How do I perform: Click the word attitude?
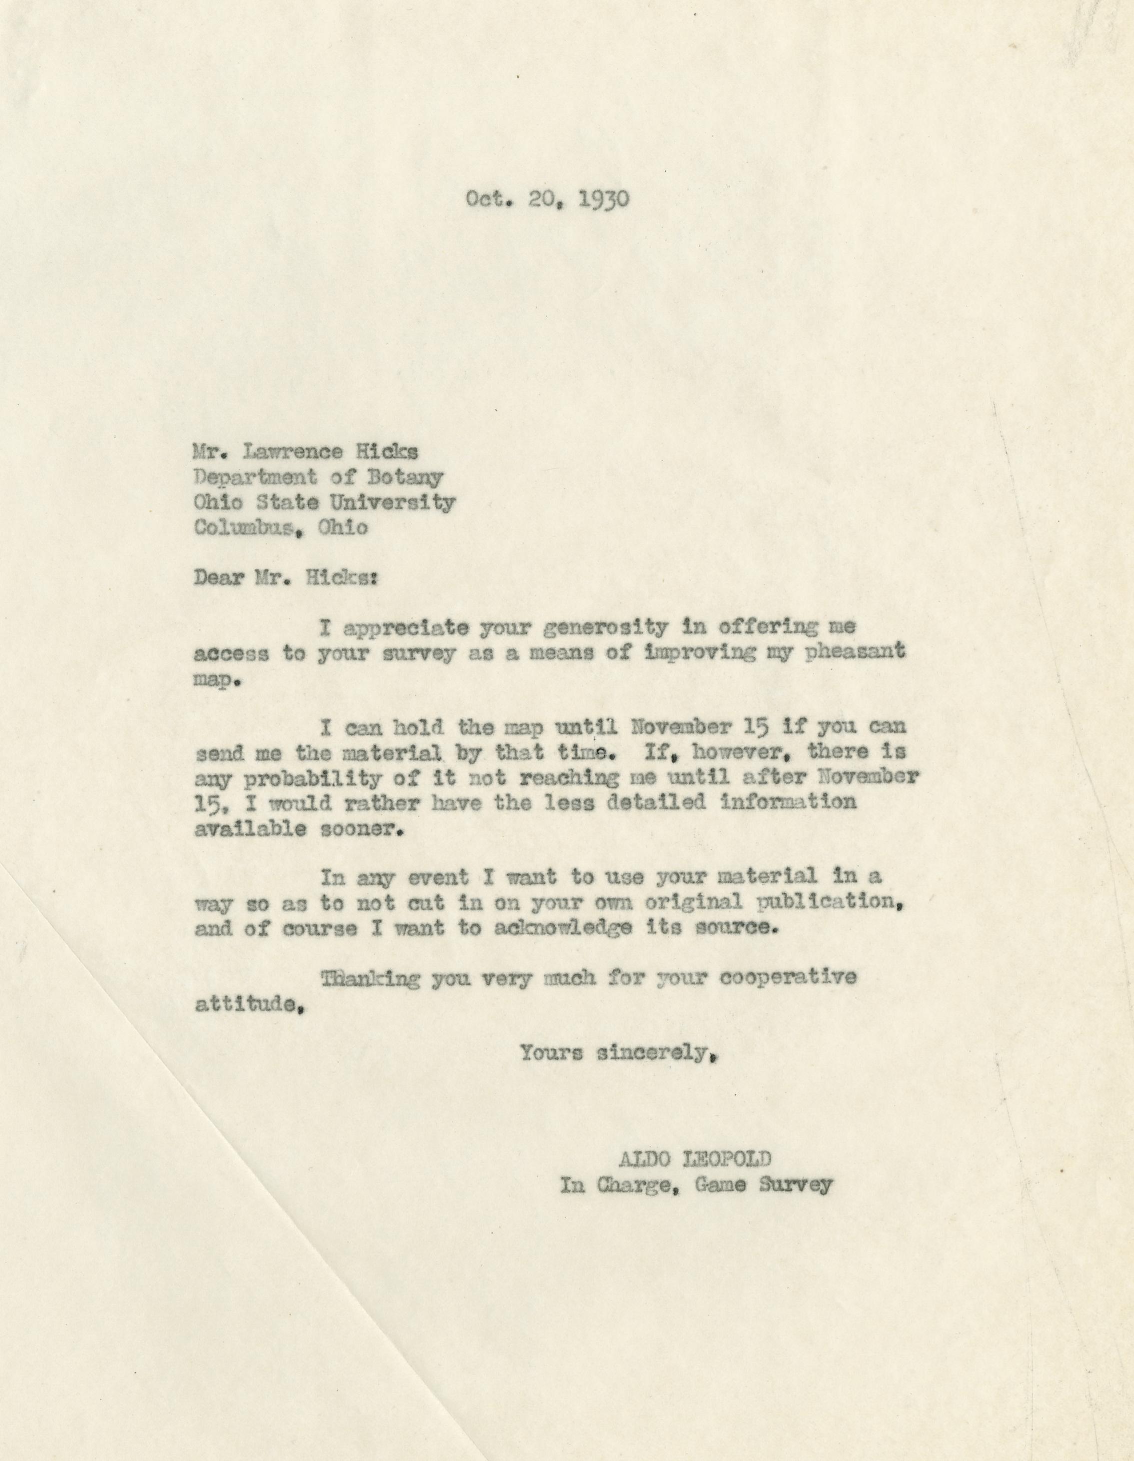[244, 1004]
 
